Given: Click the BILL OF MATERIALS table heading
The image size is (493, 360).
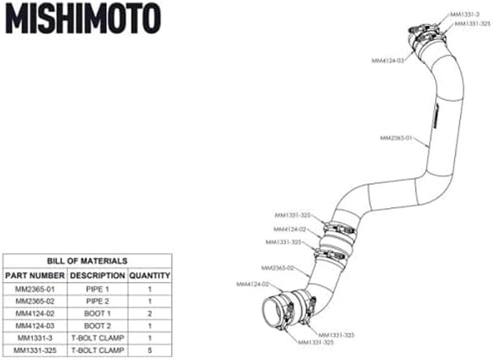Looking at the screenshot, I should pyautogui.click(x=87, y=261).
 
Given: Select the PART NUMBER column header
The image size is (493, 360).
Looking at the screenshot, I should pyautogui.click(x=35, y=276).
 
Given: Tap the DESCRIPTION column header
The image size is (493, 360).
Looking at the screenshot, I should pyautogui.click(x=97, y=276).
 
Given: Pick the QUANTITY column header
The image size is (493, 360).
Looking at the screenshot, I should pyautogui.click(x=149, y=276).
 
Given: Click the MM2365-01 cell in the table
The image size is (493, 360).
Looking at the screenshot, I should pyautogui.click(x=35, y=289).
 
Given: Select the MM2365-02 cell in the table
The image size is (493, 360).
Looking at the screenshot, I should pyautogui.click(x=35, y=301).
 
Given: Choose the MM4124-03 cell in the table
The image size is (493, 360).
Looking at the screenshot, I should pyautogui.click(x=35, y=326).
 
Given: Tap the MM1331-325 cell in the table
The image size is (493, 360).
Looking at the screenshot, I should pyautogui.click(x=35, y=350).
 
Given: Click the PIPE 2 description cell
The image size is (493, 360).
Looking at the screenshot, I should pyautogui.click(x=97, y=301).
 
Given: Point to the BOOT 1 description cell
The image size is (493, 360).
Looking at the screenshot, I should pyautogui.click(x=97, y=314).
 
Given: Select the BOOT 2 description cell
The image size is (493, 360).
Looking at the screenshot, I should pyautogui.click(x=97, y=326).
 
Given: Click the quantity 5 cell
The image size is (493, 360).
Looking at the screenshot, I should pyautogui.click(x=149, y=350).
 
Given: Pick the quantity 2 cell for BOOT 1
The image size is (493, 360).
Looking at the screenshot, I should pyautogui.click(x=149, y=314).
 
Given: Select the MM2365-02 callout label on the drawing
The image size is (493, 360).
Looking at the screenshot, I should pyautogui.click(x=277, y=268).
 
